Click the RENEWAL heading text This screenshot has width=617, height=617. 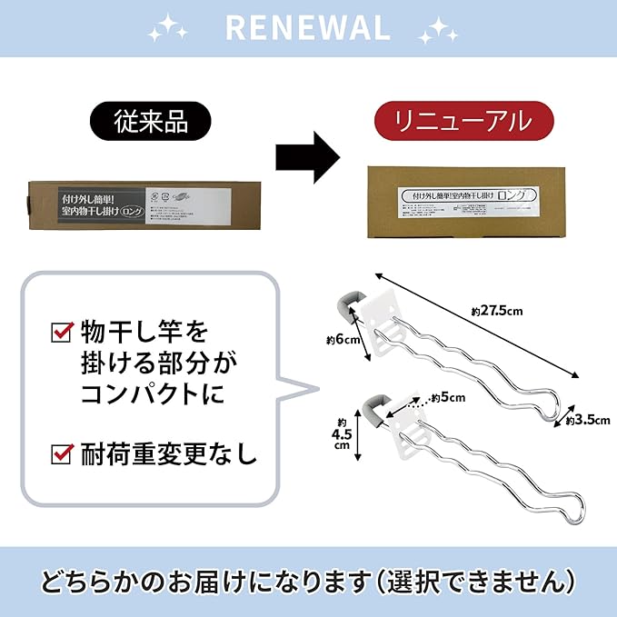[x=308, y=26]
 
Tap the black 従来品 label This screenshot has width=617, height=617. [x=150, y=119]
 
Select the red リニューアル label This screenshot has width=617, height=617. [x=464, y=119]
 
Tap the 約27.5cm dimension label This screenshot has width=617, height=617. [x=498, y=311]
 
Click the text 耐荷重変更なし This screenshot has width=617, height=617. [x=169, y=451]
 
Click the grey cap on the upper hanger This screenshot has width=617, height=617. [x=348, y=305]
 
